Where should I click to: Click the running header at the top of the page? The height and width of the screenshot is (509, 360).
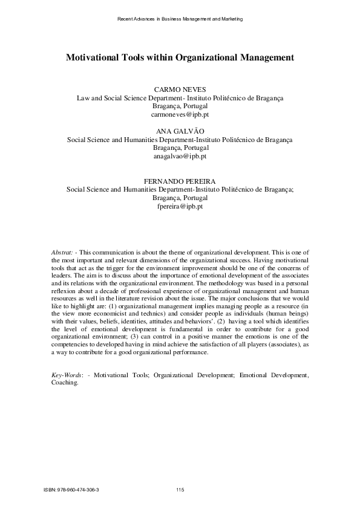pos(180,19)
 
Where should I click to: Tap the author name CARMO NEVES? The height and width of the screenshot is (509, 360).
pos(180,89)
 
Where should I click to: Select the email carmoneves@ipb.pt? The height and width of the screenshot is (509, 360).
pos(180,113)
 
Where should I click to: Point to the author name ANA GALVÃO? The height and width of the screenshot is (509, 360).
pos(180,131)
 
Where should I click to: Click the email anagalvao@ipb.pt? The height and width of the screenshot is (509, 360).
pos(180,155)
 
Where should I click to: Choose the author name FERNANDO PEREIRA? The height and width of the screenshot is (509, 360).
pos(180,181)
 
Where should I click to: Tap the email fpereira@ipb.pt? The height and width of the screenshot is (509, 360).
pos(180,206)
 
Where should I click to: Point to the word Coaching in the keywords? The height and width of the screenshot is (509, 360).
pos(64,383)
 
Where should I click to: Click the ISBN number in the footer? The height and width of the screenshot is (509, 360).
pos(72,490)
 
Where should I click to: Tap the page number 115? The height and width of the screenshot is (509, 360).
pos(180,490)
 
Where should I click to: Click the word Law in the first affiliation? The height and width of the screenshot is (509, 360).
pos(80,97)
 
